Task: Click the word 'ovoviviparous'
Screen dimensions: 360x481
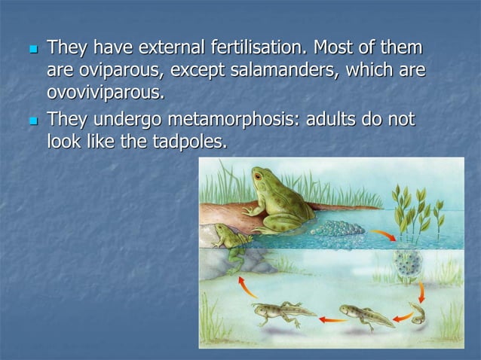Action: click(105, 93)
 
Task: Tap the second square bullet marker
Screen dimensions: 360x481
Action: click(32, 120)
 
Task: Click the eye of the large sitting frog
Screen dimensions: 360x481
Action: click(259, 178)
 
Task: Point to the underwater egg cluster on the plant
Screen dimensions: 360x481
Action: click(408, 264)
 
